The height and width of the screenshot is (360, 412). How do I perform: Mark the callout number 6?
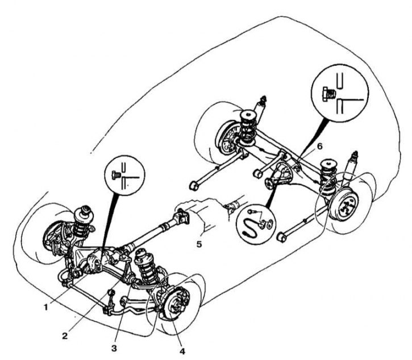tap(320, 146)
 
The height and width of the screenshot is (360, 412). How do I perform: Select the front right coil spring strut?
tap(147, 266)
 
